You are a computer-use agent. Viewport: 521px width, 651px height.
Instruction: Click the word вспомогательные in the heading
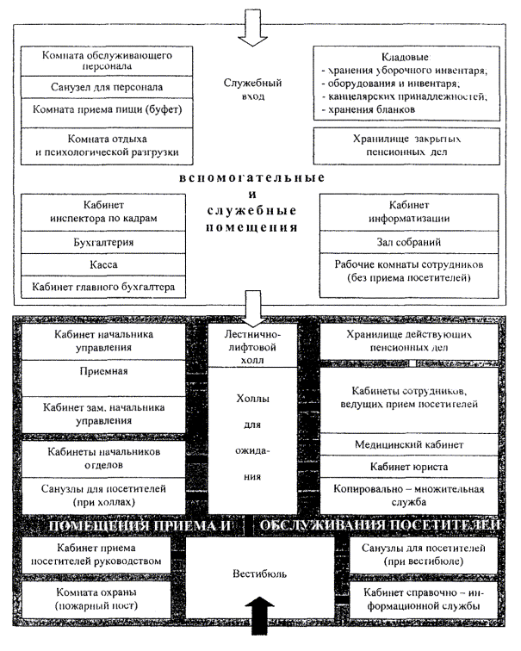[x=253, y=177]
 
